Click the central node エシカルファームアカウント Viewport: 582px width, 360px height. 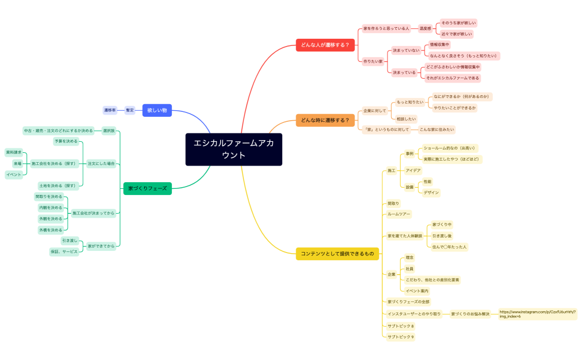[233, 150]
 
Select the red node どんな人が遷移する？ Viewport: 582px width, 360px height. [325, 45]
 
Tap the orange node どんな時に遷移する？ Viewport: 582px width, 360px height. [325, 120]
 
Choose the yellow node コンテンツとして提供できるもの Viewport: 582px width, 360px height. [337, 254]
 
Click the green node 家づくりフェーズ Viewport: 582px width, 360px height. [147, 188]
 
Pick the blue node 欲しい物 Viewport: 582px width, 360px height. [157, 111]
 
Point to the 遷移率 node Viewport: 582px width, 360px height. [110, 110]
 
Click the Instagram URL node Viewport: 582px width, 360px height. [537, 314]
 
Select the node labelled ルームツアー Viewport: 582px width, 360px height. [399, 214]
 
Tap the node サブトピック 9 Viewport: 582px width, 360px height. [400, 337]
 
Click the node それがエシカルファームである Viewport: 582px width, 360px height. [452, 78]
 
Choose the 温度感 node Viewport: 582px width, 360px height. [425, 28]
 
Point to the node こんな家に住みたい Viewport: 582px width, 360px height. [436, 130]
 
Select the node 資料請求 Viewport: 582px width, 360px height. [14, 152]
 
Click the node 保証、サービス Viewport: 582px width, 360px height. [64, 251]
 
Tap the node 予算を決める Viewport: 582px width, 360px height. [66, 141]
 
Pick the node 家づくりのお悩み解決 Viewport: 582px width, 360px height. [470, 314]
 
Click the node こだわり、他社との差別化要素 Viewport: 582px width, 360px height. [432, 280]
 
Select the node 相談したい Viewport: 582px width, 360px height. [406, 119]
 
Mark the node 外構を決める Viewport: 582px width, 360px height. [50, 230]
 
